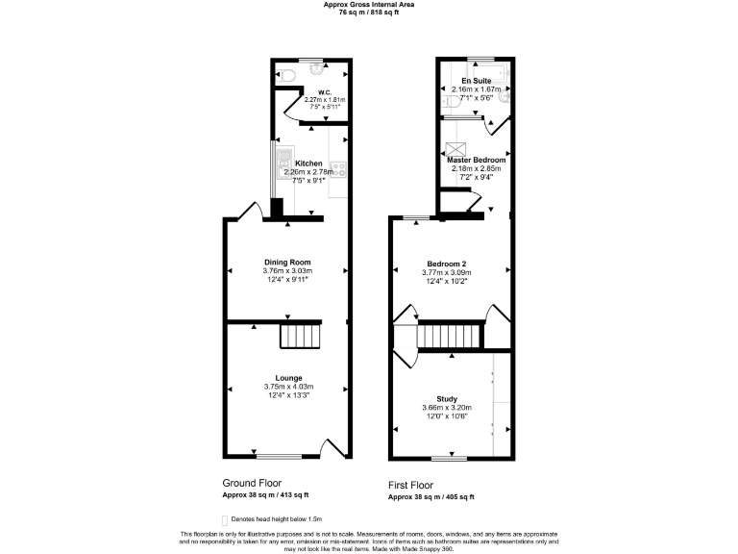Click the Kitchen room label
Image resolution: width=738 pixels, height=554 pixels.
click(x=308, y=164)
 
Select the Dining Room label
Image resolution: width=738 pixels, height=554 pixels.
click(x=287, y=263)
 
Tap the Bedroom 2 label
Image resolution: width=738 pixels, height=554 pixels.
click(x=447, y=264)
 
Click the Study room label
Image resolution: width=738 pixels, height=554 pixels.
click(x=447, y=398)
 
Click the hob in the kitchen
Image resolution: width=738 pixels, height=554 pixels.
click(x=338, y=171)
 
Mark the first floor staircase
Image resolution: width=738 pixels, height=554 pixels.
click(x=448, y=337)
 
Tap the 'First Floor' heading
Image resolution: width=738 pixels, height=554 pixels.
click(x=410, y=486)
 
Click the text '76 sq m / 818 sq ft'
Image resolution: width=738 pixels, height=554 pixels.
click(x=368, y=13)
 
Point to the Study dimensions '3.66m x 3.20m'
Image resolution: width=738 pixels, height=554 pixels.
click(x=447, y=408)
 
